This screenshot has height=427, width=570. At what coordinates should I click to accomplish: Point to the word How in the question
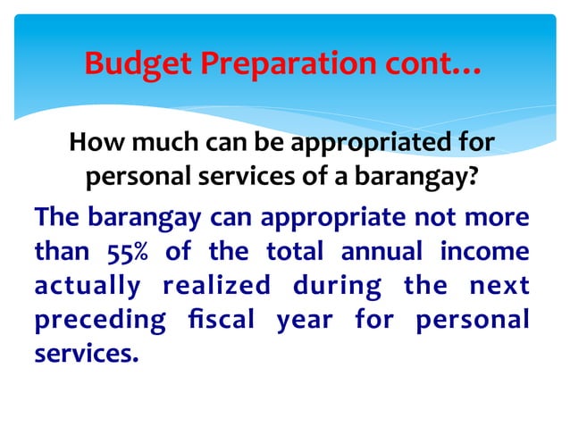[x=91, y=143]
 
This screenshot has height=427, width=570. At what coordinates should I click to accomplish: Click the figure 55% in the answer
[x=126, y=252]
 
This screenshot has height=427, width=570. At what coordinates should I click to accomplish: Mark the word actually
[x=88, y=287]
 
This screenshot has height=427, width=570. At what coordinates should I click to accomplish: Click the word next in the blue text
[x=497, y=286]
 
